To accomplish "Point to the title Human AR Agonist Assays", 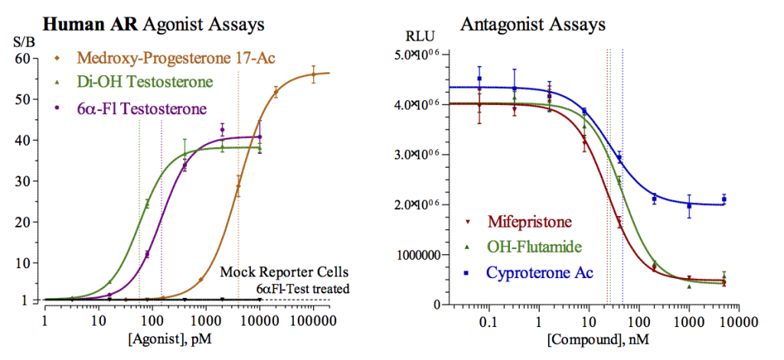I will [153, 24].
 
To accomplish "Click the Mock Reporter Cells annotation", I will [285, 272].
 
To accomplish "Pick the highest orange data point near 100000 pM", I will [312, 74].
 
